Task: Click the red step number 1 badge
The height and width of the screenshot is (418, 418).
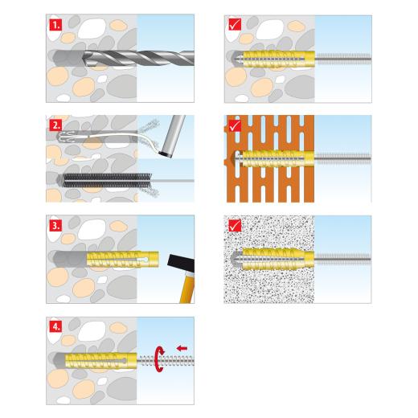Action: pos(55,25)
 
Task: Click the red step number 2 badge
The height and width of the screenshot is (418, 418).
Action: pos(55,125)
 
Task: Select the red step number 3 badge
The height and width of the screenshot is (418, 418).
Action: pos(55,225)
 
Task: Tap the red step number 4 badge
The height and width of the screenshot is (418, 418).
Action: pos(55,327)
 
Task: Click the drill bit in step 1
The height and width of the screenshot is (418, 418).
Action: pos(138,58)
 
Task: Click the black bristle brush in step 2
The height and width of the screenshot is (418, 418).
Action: pos(107,180)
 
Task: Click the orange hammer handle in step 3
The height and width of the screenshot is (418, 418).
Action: pos(187,288)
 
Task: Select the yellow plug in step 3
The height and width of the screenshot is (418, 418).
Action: pos(122,259)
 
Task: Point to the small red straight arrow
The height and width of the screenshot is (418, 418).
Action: pos(182,348)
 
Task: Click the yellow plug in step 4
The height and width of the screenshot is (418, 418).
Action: pos(101,360)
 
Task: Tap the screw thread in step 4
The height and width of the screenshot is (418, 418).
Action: pos(166,361)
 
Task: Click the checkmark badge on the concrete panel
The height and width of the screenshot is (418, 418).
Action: pos(235,24)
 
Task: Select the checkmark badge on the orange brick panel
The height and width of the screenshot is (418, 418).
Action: pos(235,125)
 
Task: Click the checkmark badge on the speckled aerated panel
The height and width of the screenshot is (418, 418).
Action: pos(235,226)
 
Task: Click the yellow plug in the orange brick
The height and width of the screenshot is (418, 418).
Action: pos(278,158)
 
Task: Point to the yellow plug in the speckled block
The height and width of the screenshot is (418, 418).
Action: pos(278,259)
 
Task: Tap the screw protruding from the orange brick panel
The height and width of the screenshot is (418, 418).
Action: pos(343,158)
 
